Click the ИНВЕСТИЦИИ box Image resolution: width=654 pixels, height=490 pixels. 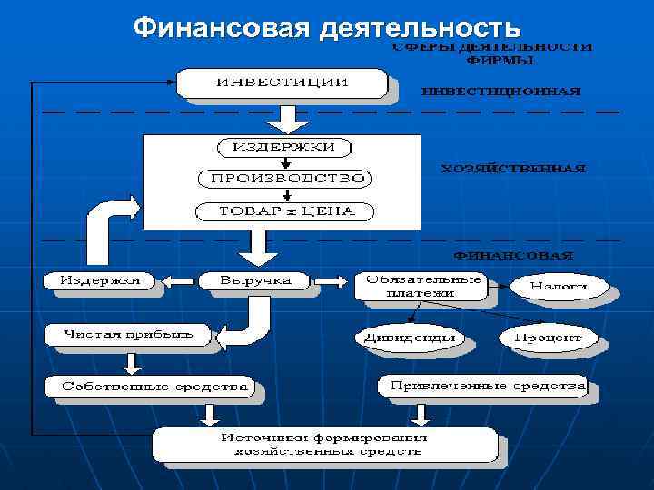pyautogui.click(x=281, y=82)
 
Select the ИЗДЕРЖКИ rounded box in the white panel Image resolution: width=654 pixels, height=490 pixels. pyautogui.click(x=283, y=147)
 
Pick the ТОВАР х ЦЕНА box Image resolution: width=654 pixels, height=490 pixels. pyautogui.click(x=283, y=212)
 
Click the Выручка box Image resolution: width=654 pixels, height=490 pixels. pyautogui.click(x=255, y=281)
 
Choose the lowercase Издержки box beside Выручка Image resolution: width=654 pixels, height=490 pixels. pyautogui.click(x=100, y=281)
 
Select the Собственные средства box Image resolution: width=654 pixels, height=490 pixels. pyautogui.click(x=154, y=387)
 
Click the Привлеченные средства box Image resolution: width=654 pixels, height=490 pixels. pyautogui.click(x=487, y=387)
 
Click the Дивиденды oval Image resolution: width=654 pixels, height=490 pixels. pyautogui.click(x=409, y=338)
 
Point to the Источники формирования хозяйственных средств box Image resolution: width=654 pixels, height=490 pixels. pyautogui.click(x=324, y=444)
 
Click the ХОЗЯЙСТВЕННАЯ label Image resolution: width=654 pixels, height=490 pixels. pyautogui.click(x=513, y=168)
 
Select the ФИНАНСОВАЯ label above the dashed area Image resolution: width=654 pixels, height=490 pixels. pyautogui.click(x=513, y=255)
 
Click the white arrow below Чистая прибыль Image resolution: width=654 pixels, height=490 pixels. pyautogui.click(x=133, y=363)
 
